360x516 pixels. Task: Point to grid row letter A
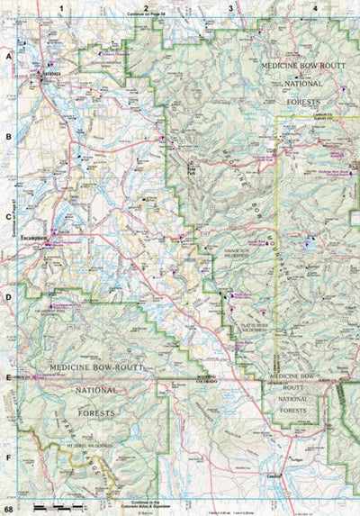pos(8,56)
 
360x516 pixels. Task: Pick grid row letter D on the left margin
pos(8,296)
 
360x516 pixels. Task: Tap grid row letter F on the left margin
pos(8,457)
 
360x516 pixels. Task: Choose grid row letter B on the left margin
pos(8,136)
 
